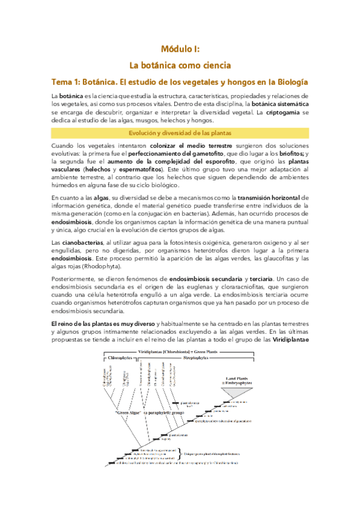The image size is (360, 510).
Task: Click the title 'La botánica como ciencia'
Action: (x=180, y=64)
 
